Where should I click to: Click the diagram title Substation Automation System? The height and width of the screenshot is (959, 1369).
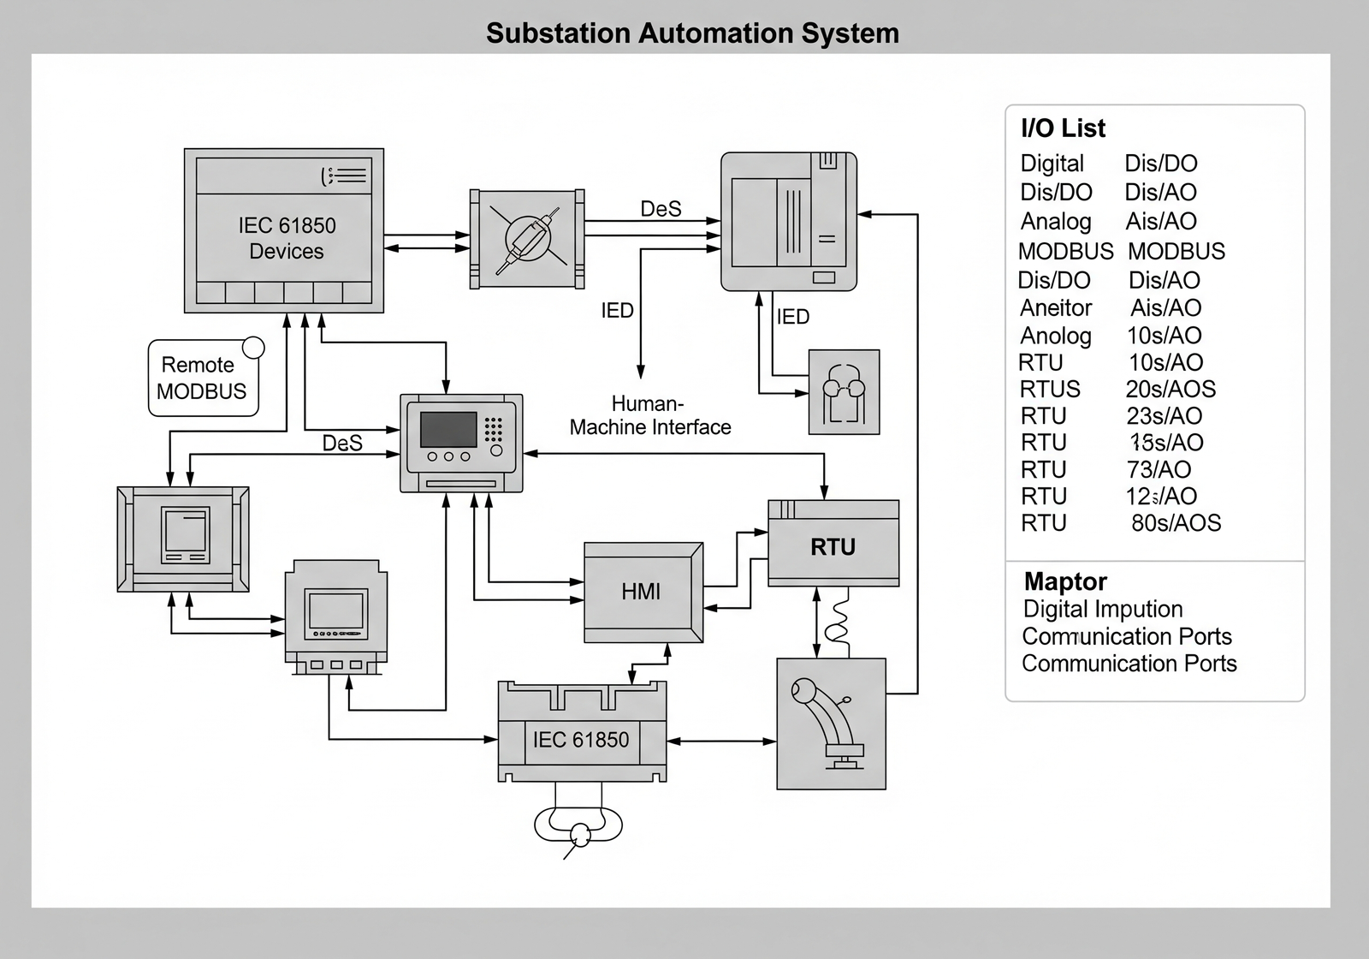pos(692,33)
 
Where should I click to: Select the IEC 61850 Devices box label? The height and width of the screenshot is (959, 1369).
pos(287,238)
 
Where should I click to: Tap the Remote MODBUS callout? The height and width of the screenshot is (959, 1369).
pos(202,378)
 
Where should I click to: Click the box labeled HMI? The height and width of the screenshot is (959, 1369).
pos(641,592)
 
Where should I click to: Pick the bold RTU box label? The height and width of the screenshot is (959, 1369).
pos(833,547)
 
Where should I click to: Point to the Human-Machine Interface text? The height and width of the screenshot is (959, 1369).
pos(649,415)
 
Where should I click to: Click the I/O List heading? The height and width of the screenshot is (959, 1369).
pos(1063,128)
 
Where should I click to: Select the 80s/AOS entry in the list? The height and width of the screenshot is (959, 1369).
pos(1176,523)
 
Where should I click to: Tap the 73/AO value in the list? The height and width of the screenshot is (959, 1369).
pos(1159,469)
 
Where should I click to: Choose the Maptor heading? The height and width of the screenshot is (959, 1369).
pos(1065,581)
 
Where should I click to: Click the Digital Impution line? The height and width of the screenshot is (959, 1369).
pos(1102,609)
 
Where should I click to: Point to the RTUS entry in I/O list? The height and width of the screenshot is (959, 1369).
pos(1050,389)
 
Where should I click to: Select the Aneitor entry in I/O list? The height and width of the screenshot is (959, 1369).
pos(1056,307)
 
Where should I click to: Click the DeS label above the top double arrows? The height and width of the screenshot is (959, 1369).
pos(661,209)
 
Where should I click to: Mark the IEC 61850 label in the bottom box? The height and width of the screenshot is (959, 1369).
pos(580,740)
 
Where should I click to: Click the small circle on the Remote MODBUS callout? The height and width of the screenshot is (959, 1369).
pos(253,348)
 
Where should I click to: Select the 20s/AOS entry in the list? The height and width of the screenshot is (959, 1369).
pos(1170,389)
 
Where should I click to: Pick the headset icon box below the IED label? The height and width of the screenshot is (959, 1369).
pos(844,392)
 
